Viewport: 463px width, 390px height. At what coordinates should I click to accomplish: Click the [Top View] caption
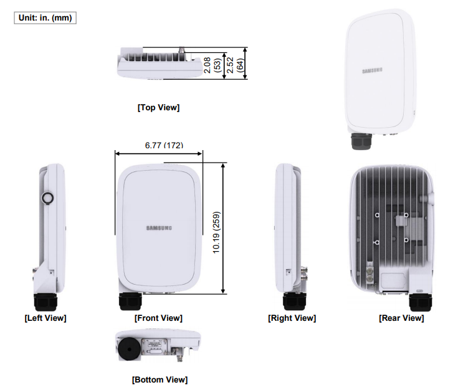pos(158,107)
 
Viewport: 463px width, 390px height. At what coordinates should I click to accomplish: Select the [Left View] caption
pos(45,318)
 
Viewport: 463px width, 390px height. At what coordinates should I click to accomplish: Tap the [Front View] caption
pos(158,318)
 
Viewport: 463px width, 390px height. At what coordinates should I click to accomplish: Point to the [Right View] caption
pos(292,318)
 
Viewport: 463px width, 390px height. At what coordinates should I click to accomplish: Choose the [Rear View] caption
pos(401,318)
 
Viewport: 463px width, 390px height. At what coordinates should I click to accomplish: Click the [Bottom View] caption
pos(160,379)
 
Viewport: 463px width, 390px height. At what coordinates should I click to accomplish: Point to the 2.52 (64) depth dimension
pos(234,64)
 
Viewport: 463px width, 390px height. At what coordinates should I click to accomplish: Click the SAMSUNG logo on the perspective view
pos(372,70)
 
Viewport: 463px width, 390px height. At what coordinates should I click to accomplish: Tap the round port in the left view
pos(47,198)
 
